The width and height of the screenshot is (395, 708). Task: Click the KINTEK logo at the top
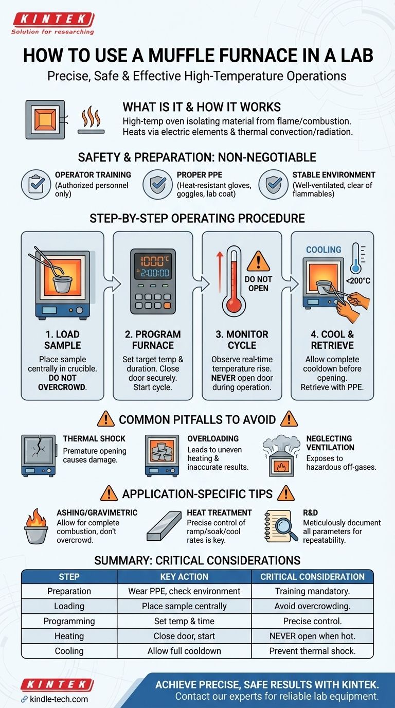(53, 20)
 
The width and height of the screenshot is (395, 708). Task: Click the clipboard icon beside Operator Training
(35, 184)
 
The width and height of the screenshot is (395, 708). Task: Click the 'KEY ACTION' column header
(184, 576)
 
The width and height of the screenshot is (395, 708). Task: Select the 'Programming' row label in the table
(69, 621)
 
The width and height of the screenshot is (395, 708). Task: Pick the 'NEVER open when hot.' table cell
(312, 636)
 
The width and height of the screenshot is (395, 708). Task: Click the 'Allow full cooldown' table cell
(184, 651)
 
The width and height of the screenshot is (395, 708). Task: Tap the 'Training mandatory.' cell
(312, 591)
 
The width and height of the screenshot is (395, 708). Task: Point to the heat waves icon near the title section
(92, 118)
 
